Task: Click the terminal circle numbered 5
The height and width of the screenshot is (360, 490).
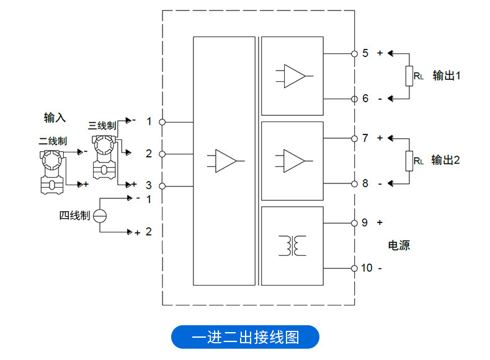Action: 354,53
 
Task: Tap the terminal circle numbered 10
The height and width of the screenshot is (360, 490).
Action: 354,268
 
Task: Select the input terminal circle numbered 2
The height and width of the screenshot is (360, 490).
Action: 163,154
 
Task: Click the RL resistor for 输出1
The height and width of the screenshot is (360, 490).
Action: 409,76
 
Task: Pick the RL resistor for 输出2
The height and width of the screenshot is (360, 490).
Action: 409,160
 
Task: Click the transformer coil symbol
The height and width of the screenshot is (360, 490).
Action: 292,245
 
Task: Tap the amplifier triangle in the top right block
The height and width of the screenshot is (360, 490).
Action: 293,76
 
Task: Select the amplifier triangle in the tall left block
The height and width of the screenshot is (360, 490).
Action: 225,160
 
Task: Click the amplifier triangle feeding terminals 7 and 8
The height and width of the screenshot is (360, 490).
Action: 293,160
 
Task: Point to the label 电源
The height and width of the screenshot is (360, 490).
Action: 399,245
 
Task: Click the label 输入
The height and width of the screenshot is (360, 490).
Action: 55,117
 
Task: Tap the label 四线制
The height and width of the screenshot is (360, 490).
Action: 74,216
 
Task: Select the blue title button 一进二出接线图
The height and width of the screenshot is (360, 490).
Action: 245,338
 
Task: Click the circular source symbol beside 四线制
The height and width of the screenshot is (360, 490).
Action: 100,216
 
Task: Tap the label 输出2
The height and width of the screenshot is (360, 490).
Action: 446,160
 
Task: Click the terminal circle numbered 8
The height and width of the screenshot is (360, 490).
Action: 354,183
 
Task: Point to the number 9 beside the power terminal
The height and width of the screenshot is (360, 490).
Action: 365,222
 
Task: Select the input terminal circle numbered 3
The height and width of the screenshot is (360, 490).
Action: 163,186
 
